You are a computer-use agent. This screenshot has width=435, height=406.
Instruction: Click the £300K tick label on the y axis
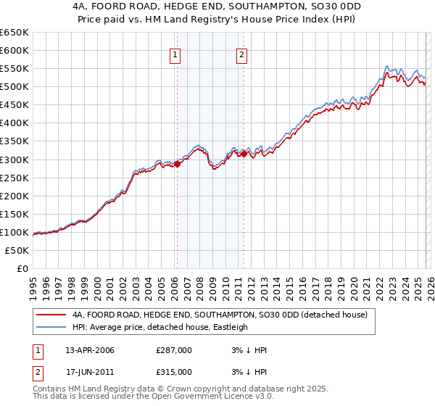(14, 159)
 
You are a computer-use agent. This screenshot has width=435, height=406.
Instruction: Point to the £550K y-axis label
(14, 68)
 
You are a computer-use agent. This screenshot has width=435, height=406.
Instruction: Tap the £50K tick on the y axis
(17, 250)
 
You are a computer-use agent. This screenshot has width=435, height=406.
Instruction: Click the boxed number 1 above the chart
(176, 54)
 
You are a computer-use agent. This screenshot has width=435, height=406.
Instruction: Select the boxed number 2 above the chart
(241, 54)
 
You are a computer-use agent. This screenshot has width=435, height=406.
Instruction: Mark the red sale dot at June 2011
(244, 154)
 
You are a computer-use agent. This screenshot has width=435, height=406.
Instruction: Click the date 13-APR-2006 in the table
(90, 350)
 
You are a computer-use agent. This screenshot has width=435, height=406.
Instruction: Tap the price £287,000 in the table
(174, 350)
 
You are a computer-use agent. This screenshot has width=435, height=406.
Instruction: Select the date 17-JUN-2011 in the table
(90, 371)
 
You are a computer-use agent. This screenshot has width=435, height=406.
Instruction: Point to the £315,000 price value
(174, 371)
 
